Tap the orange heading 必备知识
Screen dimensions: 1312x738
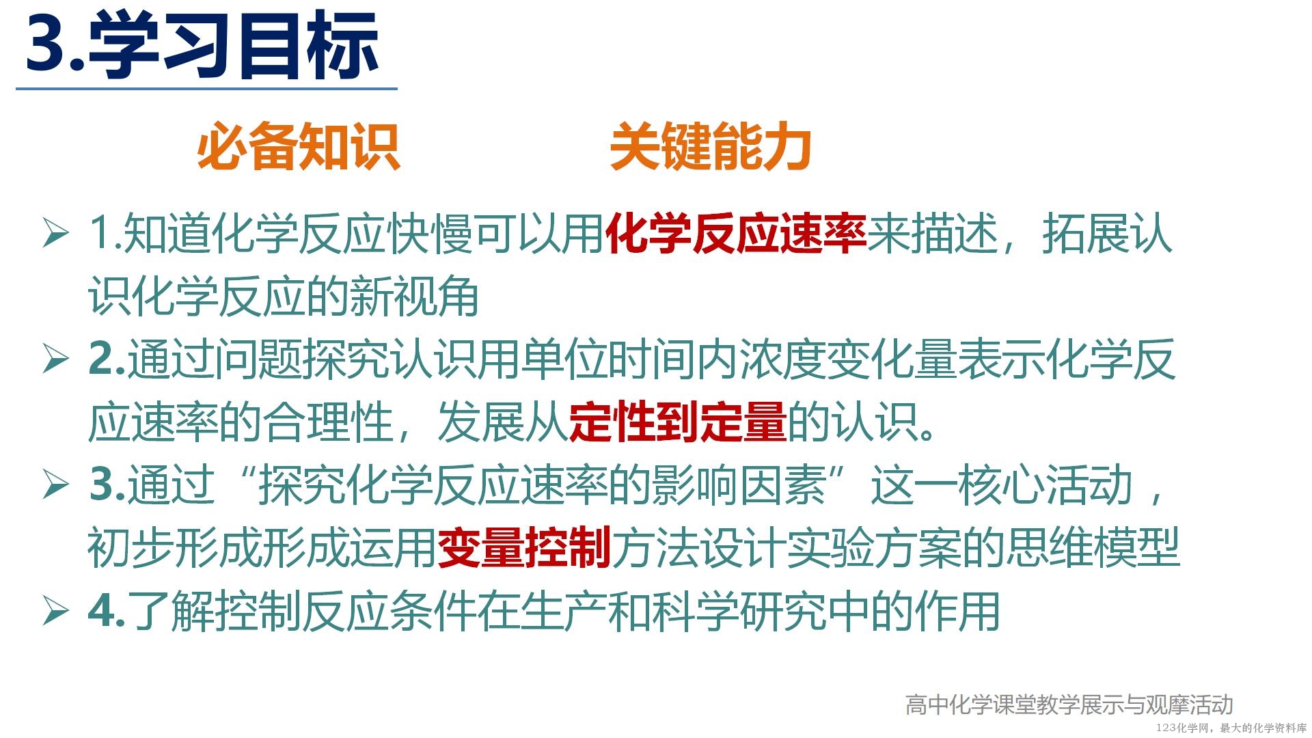298,146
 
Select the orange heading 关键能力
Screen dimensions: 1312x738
711,146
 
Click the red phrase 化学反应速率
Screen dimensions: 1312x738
736,234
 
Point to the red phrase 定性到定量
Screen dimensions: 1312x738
678,422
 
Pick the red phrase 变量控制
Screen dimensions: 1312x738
524,547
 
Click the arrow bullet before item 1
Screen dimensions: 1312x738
55,233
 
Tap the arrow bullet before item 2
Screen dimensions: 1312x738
55,359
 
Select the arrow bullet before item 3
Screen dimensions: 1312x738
55,484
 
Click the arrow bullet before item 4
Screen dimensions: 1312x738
55,610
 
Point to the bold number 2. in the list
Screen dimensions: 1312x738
107,359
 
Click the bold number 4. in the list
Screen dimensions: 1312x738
107,610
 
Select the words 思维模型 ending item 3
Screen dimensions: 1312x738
1093,547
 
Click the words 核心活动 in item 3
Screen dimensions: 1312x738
1045,484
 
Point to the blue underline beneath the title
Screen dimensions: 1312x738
206,89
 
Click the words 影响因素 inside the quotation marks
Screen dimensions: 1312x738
739,484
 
